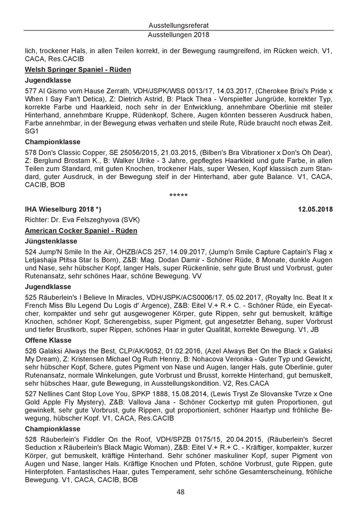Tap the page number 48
180,492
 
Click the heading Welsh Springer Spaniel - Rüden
78,70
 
